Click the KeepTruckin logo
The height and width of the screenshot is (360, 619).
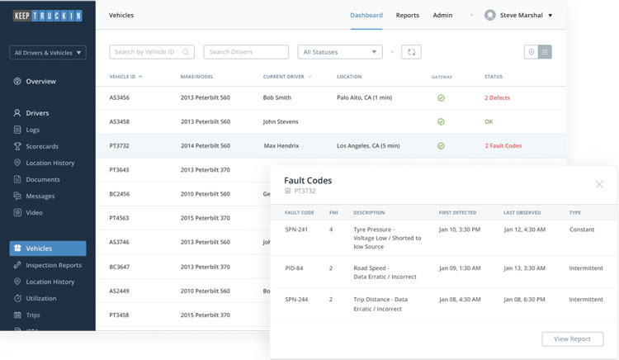[x=47, y=16]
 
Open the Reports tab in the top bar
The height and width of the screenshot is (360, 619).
[x=407, y=15]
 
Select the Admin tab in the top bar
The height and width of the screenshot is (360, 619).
[x=442, y=15]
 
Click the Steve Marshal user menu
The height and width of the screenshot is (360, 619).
[x=518, y=15]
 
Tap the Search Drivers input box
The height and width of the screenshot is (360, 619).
[x=245, y=52]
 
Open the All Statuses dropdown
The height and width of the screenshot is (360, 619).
[x=340, y=52]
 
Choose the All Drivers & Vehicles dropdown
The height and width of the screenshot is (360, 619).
[x=48, y=53]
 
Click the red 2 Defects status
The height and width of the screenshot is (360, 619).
[x=497, y=97]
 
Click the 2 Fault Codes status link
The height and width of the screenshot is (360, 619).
[x=503, y=146]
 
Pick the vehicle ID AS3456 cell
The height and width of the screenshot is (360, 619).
[x=120, y=97]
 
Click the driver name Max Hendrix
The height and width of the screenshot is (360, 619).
[x=281, y=146]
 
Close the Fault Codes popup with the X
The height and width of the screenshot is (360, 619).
[x=599, y=184]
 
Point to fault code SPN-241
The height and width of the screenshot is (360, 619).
[x=296, y=229]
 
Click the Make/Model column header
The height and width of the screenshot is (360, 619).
[x=196, y=77]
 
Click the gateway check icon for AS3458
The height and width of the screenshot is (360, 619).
[x=441, y=121]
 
